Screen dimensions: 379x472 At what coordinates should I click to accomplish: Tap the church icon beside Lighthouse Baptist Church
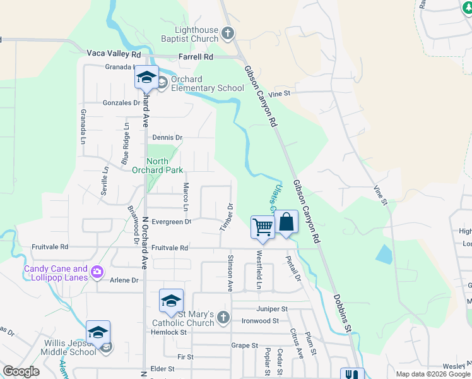[x=228, y=33]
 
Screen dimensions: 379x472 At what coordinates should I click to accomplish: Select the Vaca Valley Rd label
[x=114, y=53]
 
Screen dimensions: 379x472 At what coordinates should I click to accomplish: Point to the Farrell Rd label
[x=196, y=57]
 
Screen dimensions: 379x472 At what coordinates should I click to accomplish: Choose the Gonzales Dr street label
[x=122, y=102]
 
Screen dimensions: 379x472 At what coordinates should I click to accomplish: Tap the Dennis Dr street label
[x=167, y=137]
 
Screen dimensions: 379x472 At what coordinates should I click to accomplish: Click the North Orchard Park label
[x=157, y=165]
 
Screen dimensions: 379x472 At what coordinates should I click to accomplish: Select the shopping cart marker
[x=263, y=226]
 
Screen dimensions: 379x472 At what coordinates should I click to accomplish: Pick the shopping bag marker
[x=286, y=222]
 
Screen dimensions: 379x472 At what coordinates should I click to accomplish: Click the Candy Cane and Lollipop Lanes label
[x=56, y=273]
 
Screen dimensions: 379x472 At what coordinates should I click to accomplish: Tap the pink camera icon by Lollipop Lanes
[x=97, y=272]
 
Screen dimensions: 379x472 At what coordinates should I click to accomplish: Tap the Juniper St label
[x=272, y=310]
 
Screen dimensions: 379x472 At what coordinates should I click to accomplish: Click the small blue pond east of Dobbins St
[x=383, y=253]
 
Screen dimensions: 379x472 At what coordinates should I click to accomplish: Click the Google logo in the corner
[x=21, y=371]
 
